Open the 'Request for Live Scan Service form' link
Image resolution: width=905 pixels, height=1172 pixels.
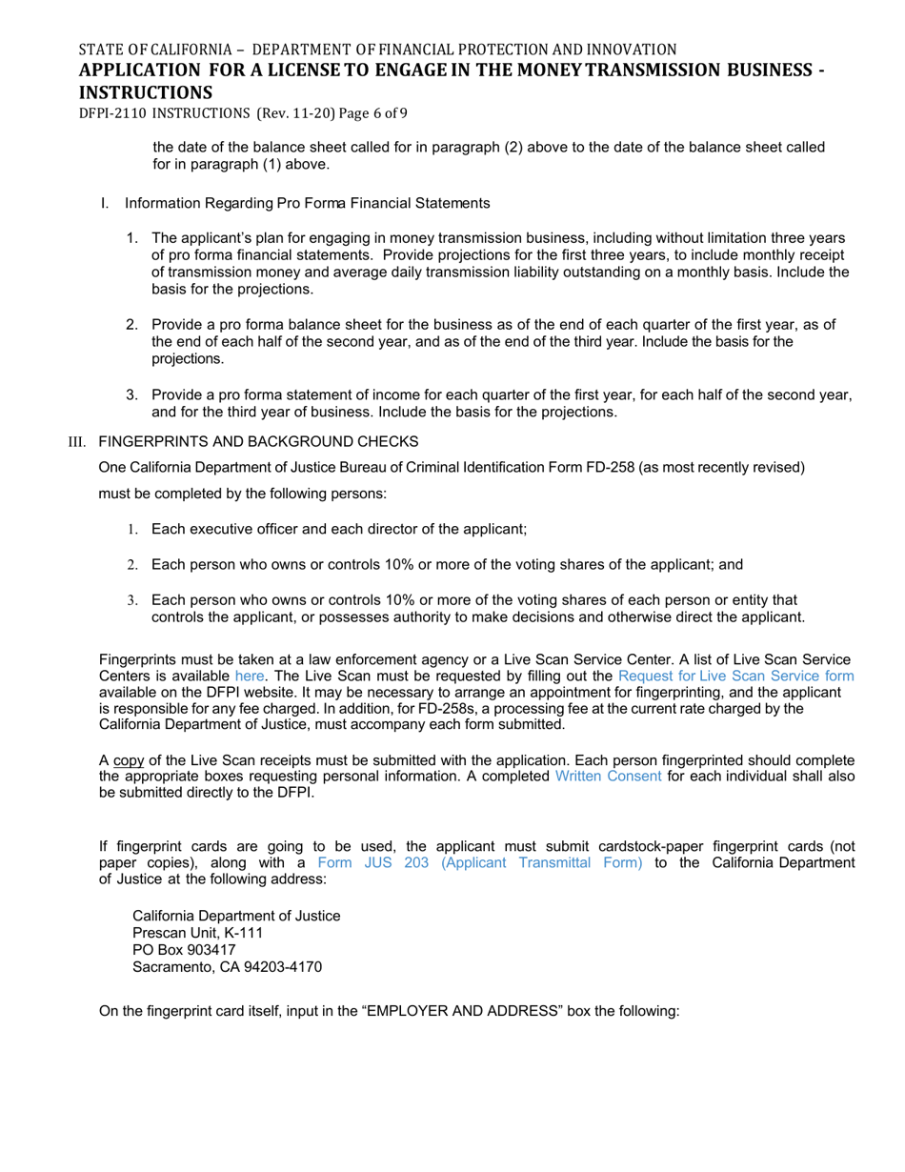coord(735,677)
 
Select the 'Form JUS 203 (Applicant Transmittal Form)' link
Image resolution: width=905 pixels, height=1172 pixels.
coord(480,862)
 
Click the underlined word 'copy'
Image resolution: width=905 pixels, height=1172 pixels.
coord(129,760)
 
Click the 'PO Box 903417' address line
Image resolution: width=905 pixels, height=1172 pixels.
coord(184,951)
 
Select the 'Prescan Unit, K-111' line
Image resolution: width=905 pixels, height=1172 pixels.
coord(197,934)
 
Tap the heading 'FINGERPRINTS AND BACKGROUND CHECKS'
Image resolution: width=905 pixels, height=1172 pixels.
coord(258,442)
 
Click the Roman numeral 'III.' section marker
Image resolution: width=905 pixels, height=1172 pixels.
coord(77,442)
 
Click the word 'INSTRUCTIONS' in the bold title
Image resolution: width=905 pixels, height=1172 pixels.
coord(145,92)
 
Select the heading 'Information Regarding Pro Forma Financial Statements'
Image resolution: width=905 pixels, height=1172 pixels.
coord(307,204)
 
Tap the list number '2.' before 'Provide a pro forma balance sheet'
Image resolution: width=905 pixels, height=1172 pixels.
coord(132,325)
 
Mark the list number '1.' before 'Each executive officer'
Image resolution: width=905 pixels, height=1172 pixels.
coord(132,530)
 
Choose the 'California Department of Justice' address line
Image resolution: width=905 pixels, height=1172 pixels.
coord(236,917)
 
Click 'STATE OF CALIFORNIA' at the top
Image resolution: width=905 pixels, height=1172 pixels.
coord(154,50)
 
